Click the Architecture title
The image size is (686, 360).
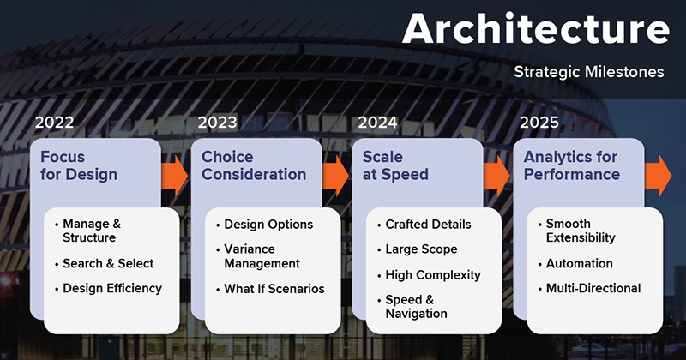tap(535, 28)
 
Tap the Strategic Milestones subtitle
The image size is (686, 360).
tap(589, 72)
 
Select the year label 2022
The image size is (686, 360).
tap(54, 123)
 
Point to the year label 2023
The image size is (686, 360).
tap(217, 123)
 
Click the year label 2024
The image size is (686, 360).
tap(377, 123)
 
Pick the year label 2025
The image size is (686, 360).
tap(539, 123)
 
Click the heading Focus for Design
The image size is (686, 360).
tap(79, 165)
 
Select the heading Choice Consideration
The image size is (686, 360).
tap(254, 165)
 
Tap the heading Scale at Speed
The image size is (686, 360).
tap(395, 165)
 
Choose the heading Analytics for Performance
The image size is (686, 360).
tap(572, 165)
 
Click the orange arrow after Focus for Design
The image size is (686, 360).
tap(175, 176)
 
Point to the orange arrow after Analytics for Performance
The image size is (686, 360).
tap(658, 176)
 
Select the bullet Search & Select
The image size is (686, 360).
tap(108, 263)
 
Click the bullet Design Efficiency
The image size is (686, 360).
tap(112, 288)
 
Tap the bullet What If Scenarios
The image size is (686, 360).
tap(274, 289)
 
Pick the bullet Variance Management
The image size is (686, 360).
tap(262, 256)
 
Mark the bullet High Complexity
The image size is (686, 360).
tap(433, 275)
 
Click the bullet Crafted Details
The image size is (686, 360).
tap(428, 225)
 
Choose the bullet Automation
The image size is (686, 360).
tap(580, 263)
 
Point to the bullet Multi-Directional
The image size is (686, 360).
tap(593, 288)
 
